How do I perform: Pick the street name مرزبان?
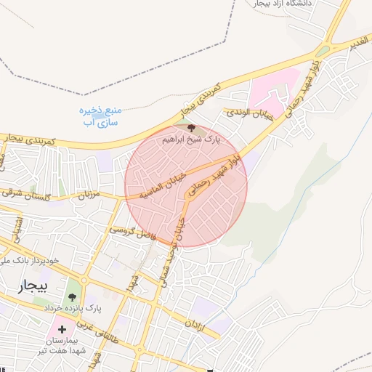pyautogui.click(x=88, y=194)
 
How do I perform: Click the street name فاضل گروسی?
pyautogui.click(x=133, y=232)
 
